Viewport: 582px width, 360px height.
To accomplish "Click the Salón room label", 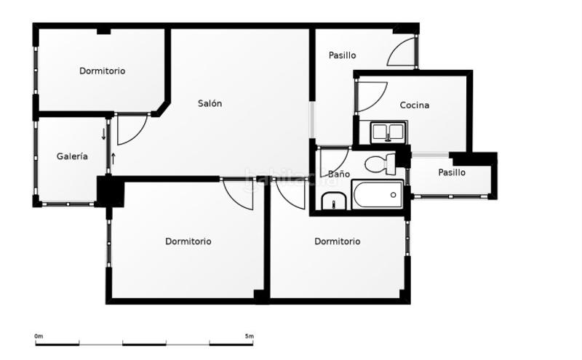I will tap(210, 103).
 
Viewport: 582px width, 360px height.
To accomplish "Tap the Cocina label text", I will tap(414, 105).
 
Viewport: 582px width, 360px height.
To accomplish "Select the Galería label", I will tap(72, 156).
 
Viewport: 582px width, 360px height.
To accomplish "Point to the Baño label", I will tap(338, 175).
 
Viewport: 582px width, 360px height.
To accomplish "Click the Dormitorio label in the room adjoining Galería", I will tap(102, 71).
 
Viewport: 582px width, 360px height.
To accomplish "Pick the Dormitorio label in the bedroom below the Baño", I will tap(337, 241).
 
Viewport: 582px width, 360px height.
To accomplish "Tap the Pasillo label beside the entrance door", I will tap(342, 55).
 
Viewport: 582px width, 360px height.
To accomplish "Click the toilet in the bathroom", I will tap(379, 164).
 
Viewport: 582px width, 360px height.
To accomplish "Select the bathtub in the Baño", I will tap(377, 195).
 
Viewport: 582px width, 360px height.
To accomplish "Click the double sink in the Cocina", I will tap(388, 132).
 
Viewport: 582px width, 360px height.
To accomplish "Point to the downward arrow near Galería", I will tap(103, 134).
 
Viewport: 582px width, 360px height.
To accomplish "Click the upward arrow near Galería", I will tap(113, 158).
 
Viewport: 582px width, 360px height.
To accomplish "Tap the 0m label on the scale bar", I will tap(39, 336).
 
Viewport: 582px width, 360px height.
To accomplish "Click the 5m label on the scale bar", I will tap(249, 336).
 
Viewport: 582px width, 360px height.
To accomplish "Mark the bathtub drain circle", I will tap(393, 195).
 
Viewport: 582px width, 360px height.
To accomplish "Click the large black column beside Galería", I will tap(110, 192).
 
